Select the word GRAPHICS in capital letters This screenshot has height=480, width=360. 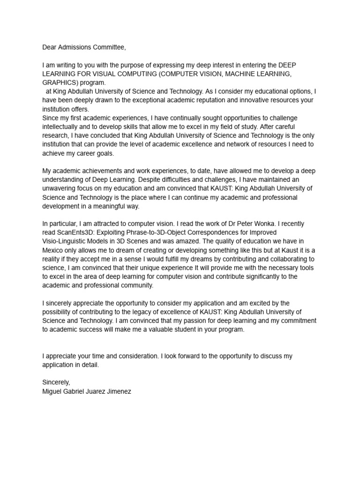click(x=57, y=82)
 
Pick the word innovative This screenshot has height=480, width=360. click(x=261, y=100)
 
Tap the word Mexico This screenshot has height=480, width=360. click(x=52, y=250)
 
